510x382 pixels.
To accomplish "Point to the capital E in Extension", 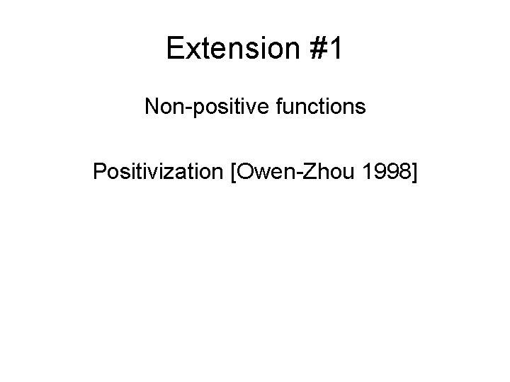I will (175, 49).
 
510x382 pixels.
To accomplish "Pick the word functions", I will (322, 107).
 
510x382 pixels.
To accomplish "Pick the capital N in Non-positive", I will (152, 107).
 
